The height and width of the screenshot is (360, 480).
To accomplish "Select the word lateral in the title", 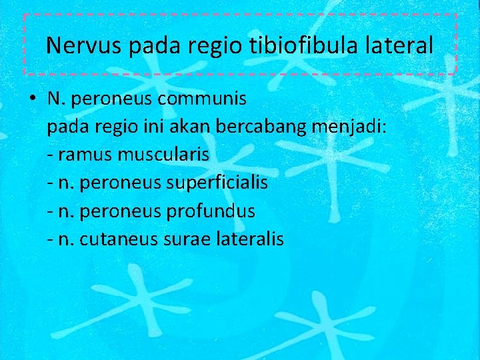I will point(403,45).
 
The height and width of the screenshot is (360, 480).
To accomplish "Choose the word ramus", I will point(85,155).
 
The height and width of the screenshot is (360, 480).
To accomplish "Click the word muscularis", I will point(164,155).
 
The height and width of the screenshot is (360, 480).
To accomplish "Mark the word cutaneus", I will point(118,239).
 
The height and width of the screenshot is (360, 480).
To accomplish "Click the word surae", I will point(182,239).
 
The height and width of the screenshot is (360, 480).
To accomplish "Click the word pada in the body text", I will point(66,127).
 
